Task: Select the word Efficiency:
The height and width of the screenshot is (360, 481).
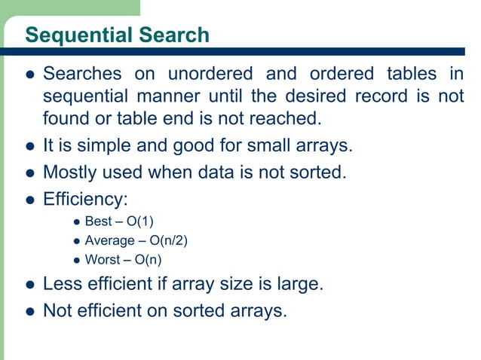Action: (84, 200)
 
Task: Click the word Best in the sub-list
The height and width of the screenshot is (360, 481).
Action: (98, 224)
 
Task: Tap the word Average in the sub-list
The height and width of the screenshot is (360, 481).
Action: (109, 242)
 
